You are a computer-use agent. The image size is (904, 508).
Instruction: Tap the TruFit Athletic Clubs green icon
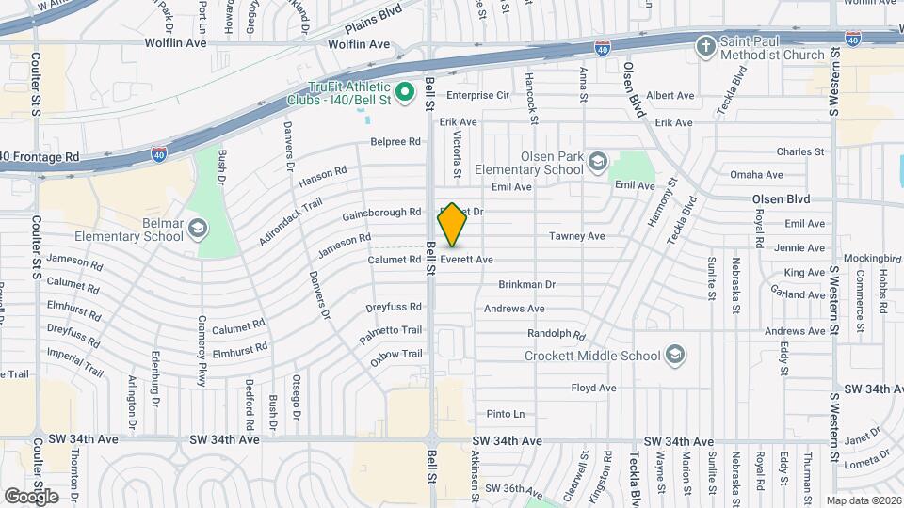pyautogui.click(x=405, y=91)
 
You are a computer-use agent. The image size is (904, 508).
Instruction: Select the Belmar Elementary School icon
pyautogui.click(x=198, y=228)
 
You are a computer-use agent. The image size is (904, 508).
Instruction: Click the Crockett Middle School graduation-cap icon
pyautogui.click(x=673, y=355)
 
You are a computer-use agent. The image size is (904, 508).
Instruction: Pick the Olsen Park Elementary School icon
pyautogui.click(x=597, y=162)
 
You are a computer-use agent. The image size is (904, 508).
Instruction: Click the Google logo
pyautogui.click(x=31, y=496)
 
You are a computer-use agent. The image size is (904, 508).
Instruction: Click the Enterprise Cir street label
pyautogui.click(x=477, y=95)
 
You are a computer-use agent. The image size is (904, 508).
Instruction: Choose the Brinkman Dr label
pyautogui.click(x=527, y=284)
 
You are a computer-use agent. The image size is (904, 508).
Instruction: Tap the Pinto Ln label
pyautogui.click(x=506, y=414)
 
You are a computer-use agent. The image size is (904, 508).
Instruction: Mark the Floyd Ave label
pyautogui.click(x=593, y=388)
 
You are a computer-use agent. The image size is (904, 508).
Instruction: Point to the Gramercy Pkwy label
pyautogui.click(x=202, y=360)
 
